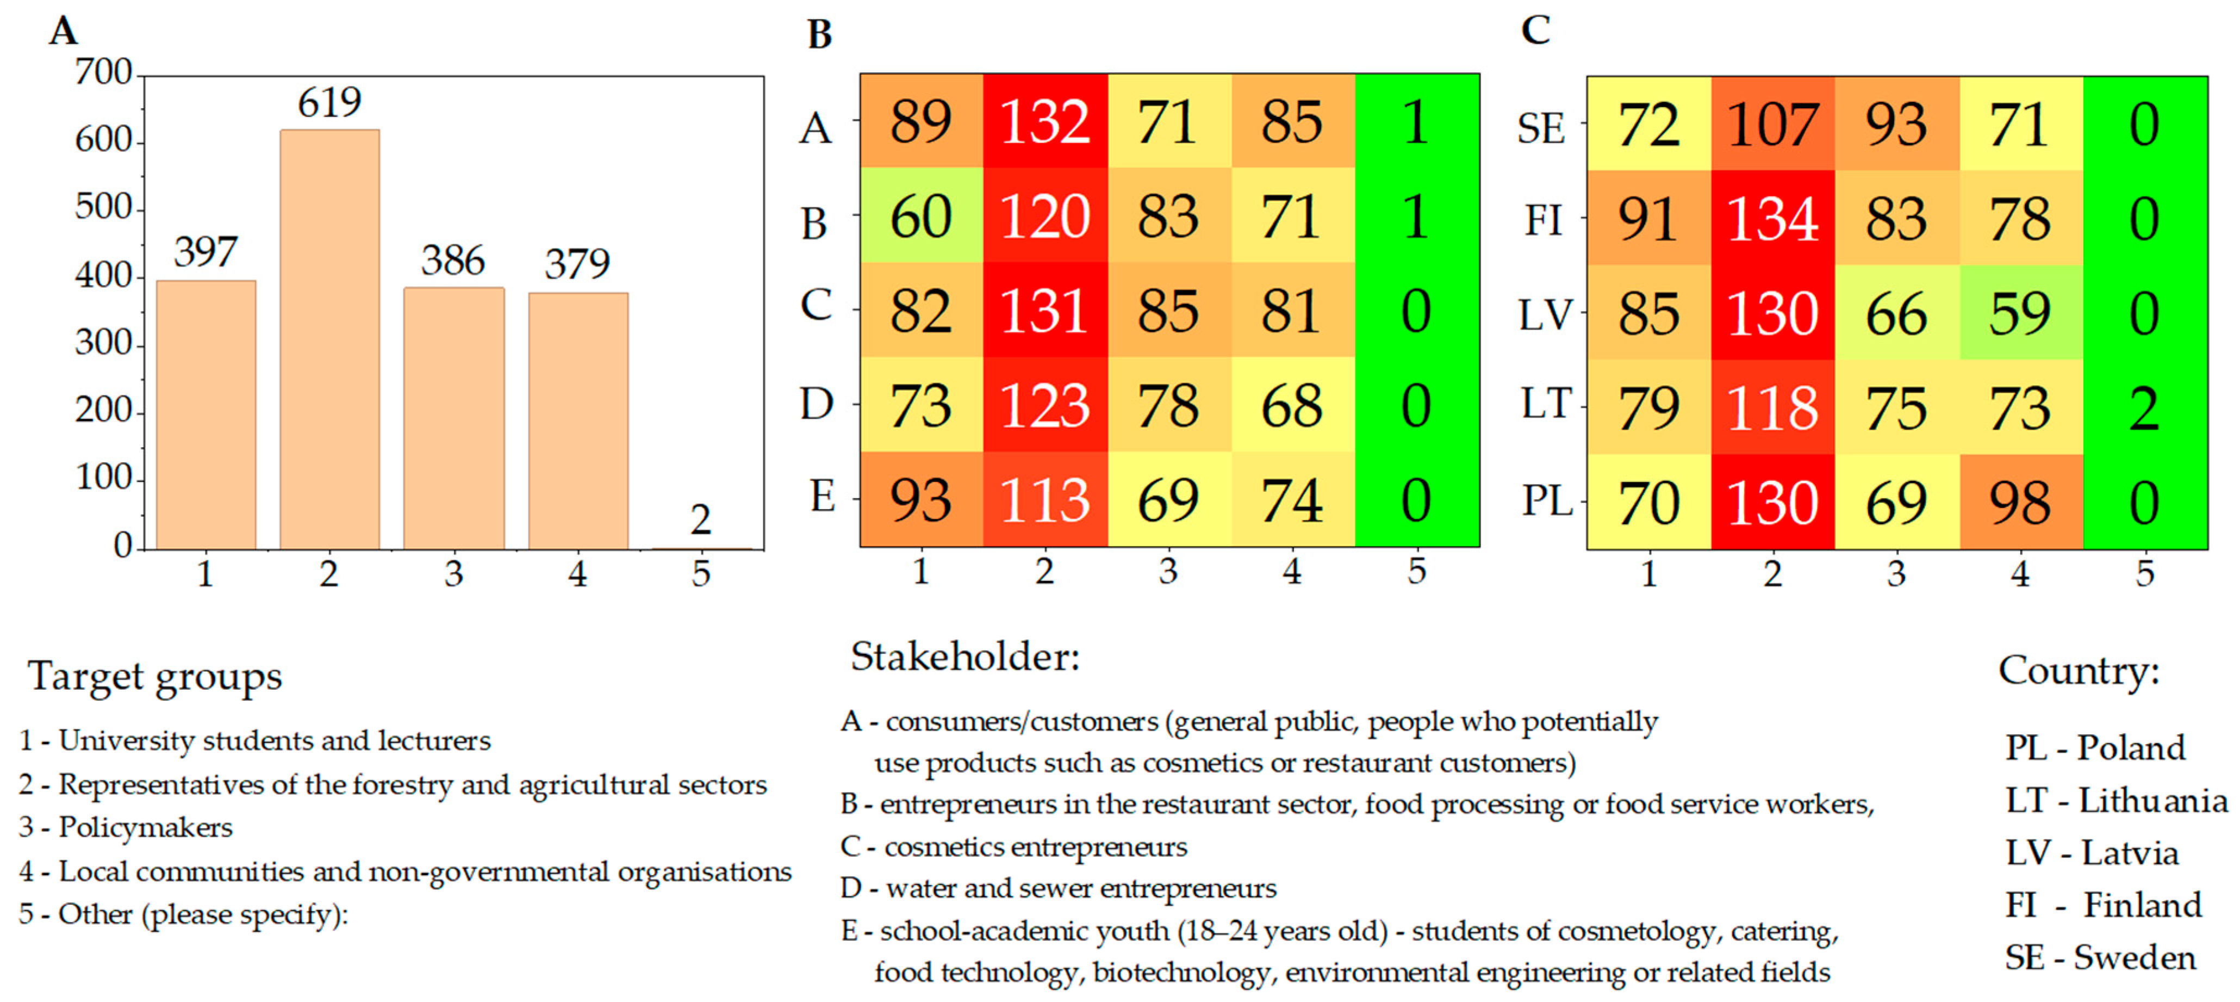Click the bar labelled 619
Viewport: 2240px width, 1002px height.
(x=329, y=339)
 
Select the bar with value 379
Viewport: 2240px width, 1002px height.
(x=578, y=421)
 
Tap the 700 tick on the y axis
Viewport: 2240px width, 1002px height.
(x=103, y=72)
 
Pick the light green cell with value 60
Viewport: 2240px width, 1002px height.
(x=921, y=216)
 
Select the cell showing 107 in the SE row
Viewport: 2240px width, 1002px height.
(x=1772, y=125)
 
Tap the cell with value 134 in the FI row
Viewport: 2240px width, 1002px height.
(x=1772, y=218)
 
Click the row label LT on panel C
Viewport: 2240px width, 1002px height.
(x=1546, y=404)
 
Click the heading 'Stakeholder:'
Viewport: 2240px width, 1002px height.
(x=965, y=657)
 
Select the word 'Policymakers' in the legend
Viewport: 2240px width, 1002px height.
(x=145, y=827)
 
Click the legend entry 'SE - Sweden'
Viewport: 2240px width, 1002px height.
(x=2099, y=957)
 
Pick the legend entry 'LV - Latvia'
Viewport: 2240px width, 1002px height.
(x=2092, y=853)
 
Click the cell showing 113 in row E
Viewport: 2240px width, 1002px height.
(x=1045, y=500)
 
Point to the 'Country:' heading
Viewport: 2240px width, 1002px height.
(x=2079, y=671)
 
